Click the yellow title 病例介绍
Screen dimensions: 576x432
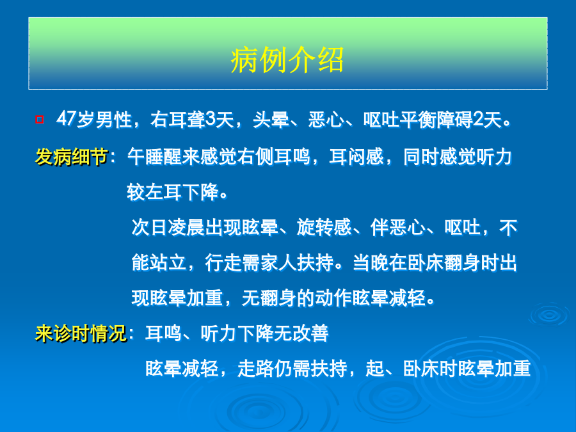[287, 60]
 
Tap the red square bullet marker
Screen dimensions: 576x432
[40, 120]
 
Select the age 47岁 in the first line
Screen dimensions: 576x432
[75, 120]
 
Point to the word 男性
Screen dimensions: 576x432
[113, 120]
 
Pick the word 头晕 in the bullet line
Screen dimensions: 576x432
[271, 120]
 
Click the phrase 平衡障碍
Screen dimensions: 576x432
[436, 120]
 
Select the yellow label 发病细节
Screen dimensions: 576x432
[72, 157]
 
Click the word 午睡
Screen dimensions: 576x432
[145, 157]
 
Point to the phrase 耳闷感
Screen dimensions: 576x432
[356, 157]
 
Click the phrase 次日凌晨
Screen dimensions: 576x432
[168, 227]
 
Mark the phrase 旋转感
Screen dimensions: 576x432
[324, 227]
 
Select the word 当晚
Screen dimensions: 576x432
[371, 262]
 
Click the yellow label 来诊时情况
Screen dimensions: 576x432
[81, 333]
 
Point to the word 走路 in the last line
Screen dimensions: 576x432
[255, 369]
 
